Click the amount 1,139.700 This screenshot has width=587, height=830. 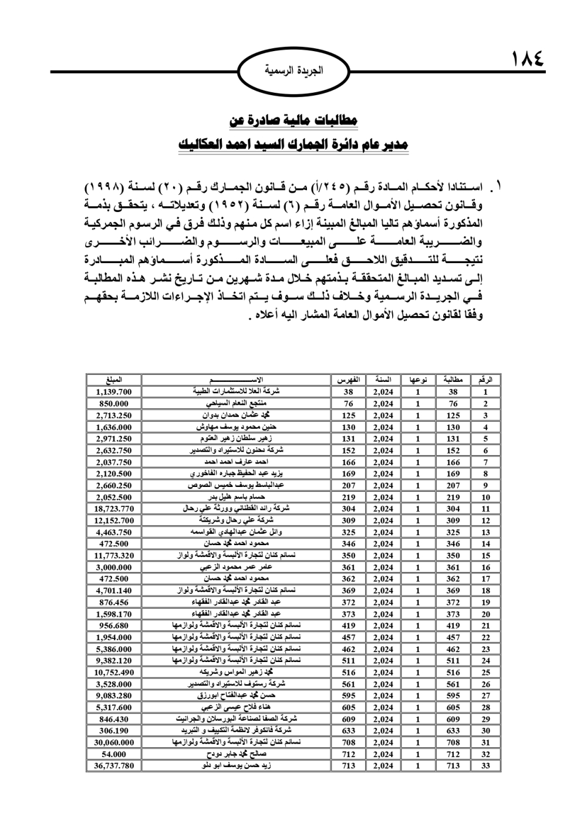[x=113, y=392]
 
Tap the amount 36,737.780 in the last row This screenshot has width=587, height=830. [x=113, y=766]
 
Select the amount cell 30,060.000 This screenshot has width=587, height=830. [x=113, y=742]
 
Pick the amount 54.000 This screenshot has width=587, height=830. [x=113, y=754]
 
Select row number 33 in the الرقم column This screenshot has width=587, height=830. [x=485, y=766]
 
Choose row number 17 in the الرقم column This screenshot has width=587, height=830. [x=485, y=579]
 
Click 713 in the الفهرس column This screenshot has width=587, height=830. [x=348, y=766]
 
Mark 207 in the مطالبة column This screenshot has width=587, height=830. [x=453, y=485]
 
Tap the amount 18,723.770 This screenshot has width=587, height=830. [x=113, y=509]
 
